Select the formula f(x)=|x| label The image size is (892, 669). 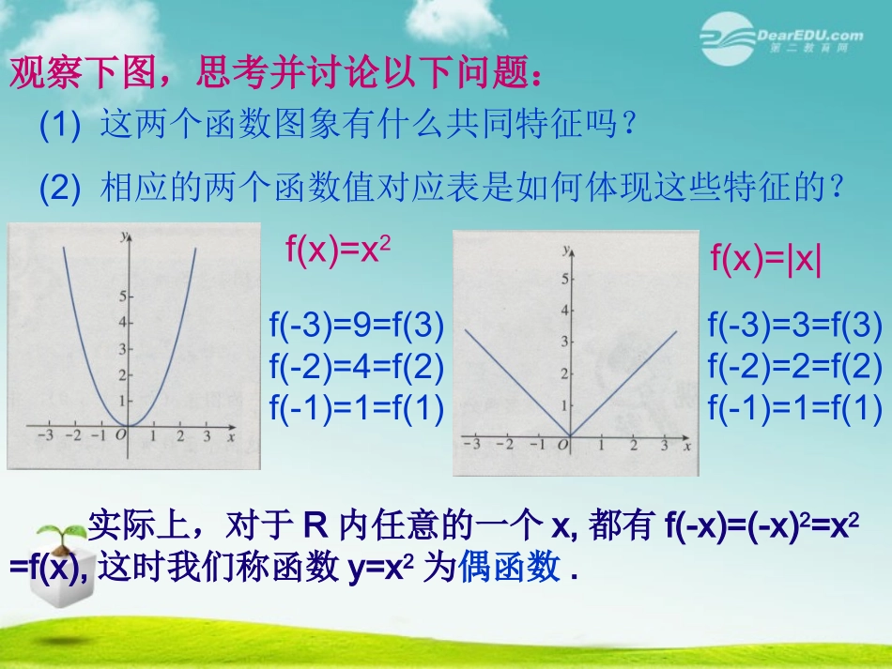coord(766,259)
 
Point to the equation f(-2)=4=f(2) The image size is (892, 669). coord(356,367)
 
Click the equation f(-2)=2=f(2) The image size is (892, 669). coord(794,367)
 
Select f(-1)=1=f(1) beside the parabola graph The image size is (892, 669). coord(356,407)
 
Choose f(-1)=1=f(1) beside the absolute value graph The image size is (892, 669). coord(794,407)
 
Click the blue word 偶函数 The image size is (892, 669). coord(512,567)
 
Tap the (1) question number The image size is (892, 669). coord(60,127)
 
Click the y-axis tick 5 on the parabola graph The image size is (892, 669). coord(122,296)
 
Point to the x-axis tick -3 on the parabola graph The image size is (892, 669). coord(43,436)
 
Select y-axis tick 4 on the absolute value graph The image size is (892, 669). coord(564,310)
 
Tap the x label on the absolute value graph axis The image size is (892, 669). coord(686,446)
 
